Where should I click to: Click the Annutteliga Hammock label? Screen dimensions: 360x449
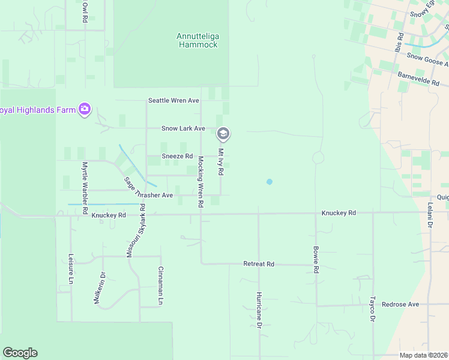click(197, 40)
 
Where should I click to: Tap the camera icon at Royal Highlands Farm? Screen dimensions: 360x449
click(85, 109)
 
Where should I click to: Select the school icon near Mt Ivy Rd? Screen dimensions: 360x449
click(223, 133)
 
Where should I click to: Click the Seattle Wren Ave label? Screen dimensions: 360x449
click(173, 100)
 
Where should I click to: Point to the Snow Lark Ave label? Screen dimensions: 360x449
click(183, 128)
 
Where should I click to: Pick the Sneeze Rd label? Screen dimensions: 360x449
click(177, 157)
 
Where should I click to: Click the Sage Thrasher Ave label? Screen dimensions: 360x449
click(148, 188)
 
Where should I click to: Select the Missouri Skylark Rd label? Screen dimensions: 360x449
click(136, 231)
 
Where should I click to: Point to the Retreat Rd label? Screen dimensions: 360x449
click(258, 264)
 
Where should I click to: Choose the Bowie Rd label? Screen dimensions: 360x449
click(316, 259)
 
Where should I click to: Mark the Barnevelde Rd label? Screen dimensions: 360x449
click(418, 80)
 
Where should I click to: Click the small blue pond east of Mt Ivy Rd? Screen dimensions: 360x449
click(269, 181)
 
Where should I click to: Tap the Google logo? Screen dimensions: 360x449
click(20, 353)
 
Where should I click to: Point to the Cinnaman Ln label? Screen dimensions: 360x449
click(160, 285)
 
